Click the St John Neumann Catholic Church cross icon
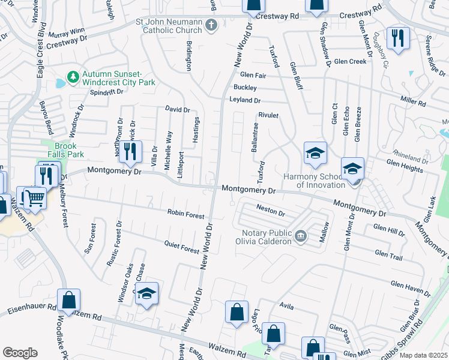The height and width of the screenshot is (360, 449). click(211, 25)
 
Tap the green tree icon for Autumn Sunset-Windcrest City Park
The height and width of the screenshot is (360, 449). click(73, 77)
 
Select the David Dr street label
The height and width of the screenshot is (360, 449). click(177, 110)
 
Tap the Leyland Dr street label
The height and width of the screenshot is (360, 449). click(245, 101)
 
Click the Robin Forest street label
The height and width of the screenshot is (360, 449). click(186, 214)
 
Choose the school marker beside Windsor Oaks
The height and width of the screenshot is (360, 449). click(145, 293)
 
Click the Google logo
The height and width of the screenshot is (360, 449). click(20, 352)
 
